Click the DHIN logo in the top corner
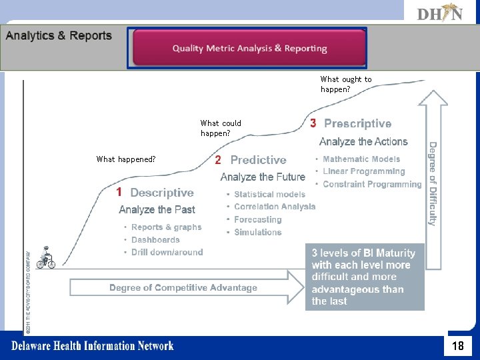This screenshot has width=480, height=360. tap(439, 13)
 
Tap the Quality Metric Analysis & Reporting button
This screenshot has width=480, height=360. tap(247, 48)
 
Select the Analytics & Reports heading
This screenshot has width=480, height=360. tap(59, 36)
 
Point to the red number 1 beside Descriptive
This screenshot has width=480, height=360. tap(119, 193)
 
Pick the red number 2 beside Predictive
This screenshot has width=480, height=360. tap(218, 160)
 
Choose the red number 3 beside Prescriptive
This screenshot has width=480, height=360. tap(313, 123)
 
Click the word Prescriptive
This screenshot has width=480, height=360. tap(357, 124)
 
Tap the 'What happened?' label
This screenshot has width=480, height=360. tap(126, 159)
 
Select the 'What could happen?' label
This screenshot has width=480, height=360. tap(221, 128)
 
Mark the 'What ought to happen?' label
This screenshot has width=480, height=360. tap(346, 84)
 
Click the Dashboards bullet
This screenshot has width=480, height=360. tap(155, 240)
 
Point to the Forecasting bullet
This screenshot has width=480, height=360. tap(258, 219)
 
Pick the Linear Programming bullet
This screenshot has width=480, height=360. tap(363, 171)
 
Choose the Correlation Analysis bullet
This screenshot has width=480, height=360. tap(275, 207)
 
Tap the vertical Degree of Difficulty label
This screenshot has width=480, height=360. tap(433, 183)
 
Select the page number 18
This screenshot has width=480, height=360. tap(458, 346)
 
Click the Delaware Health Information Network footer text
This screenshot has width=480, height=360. tap(92, 345)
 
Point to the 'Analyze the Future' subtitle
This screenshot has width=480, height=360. tap(263, 177)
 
